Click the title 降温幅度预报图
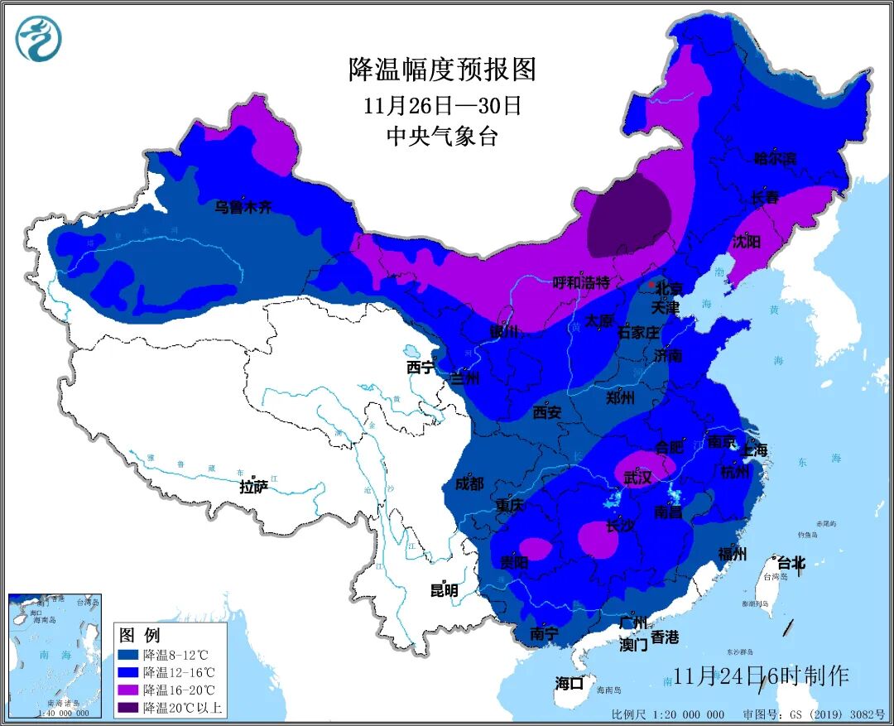click(442, 70)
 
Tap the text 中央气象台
click(442, 137)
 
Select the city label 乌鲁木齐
click(243, 208)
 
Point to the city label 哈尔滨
click(775, 158)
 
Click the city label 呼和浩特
click(581, 283)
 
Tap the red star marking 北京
click(652, 285)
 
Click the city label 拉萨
click(254, 487)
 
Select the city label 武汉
click(638, 478)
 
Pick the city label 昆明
click(444, 590)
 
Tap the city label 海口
click(570, 683)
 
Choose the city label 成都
click(469, 483)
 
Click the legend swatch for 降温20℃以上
click(128, 707)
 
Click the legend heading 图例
click(139, 636)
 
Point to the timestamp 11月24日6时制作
click(761, 676)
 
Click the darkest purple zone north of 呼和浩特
click(627, 217)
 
